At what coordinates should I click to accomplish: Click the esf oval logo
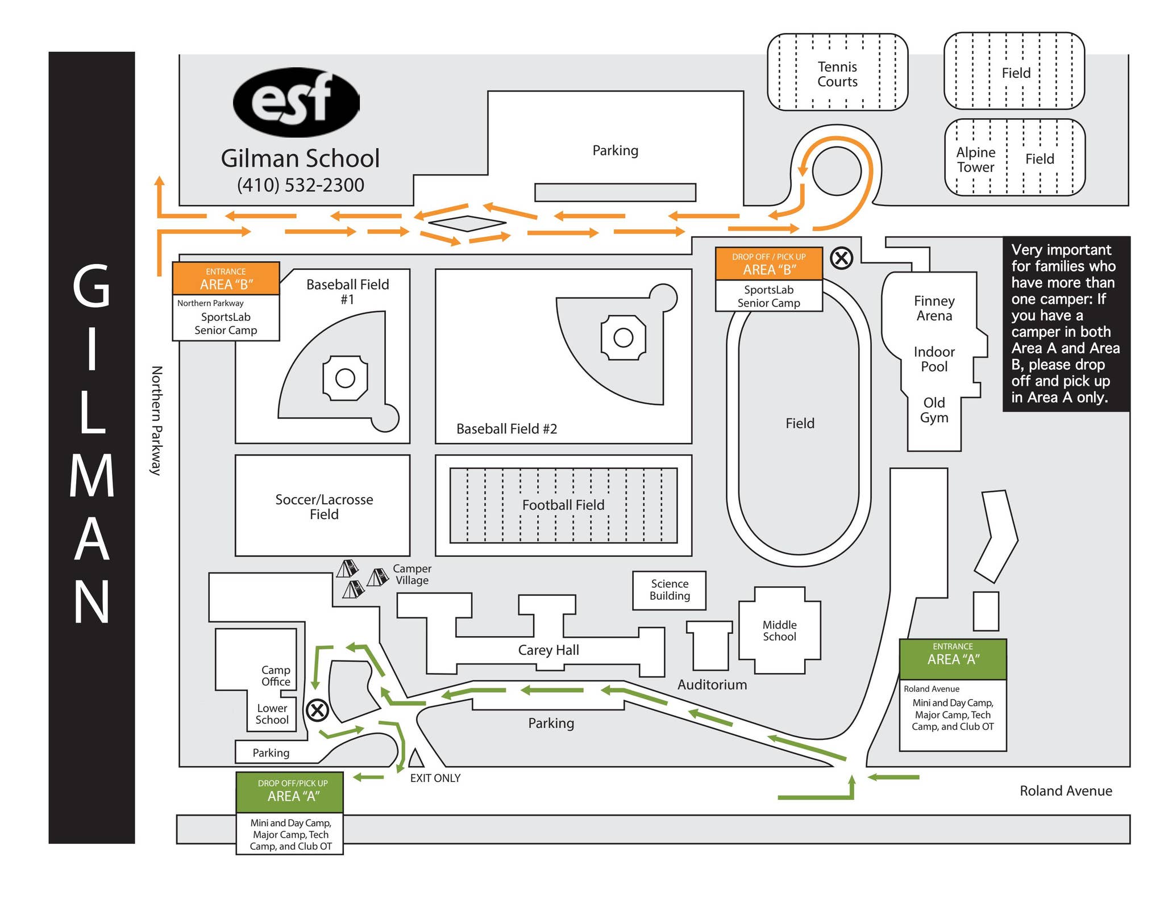(x=296, y=102)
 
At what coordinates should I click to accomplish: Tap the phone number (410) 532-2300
(x=300, y=185)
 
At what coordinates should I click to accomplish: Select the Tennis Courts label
(x=837, y=74)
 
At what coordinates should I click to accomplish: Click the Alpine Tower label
(x=975, y=160)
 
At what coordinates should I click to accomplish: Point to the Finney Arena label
(x=934, y=308)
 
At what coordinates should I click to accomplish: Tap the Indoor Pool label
(x=934, y=359)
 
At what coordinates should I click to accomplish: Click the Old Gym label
(x=934, y=410)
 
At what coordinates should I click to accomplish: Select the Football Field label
(x=563, y=505)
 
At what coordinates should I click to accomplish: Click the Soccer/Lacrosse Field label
(x=324, y=507)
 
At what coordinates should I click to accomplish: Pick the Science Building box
(x=670, y=590)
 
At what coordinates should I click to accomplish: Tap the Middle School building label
(x=779, y=631)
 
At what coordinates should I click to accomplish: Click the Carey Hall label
(x=548, y=650)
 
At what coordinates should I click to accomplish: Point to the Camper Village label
(x=412, y=574)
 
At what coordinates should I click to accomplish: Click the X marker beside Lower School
(x=317, y=710)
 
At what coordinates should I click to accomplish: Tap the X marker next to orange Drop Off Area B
(x=841, y=258)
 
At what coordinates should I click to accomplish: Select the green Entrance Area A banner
(x=953, y=659)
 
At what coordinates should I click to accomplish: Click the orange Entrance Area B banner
(x=226, y=278)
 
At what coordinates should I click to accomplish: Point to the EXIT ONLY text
(x=435, y=778)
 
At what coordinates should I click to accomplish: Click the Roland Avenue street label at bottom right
(x=1065, y=791)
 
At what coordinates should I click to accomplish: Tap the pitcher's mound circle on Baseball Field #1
(x=345, y=378)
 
